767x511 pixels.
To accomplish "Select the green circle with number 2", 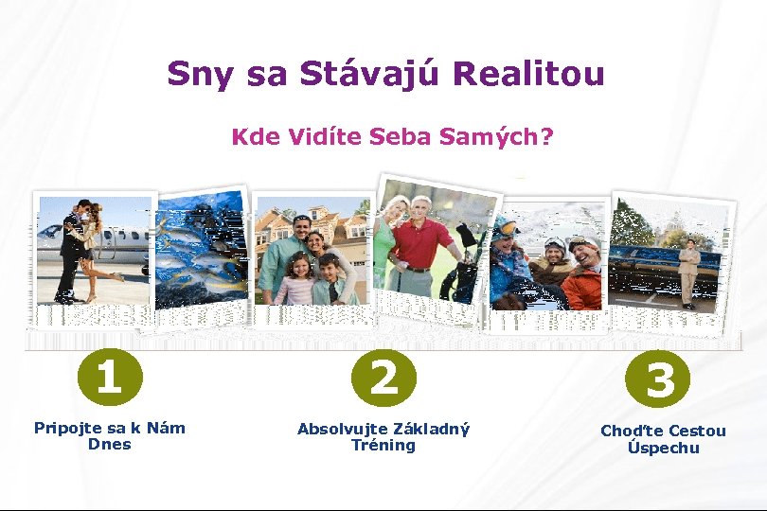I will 383,377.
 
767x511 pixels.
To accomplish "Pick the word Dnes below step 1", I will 109,444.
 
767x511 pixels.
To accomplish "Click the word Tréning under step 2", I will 383,445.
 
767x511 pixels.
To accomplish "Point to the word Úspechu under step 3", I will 663,448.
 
